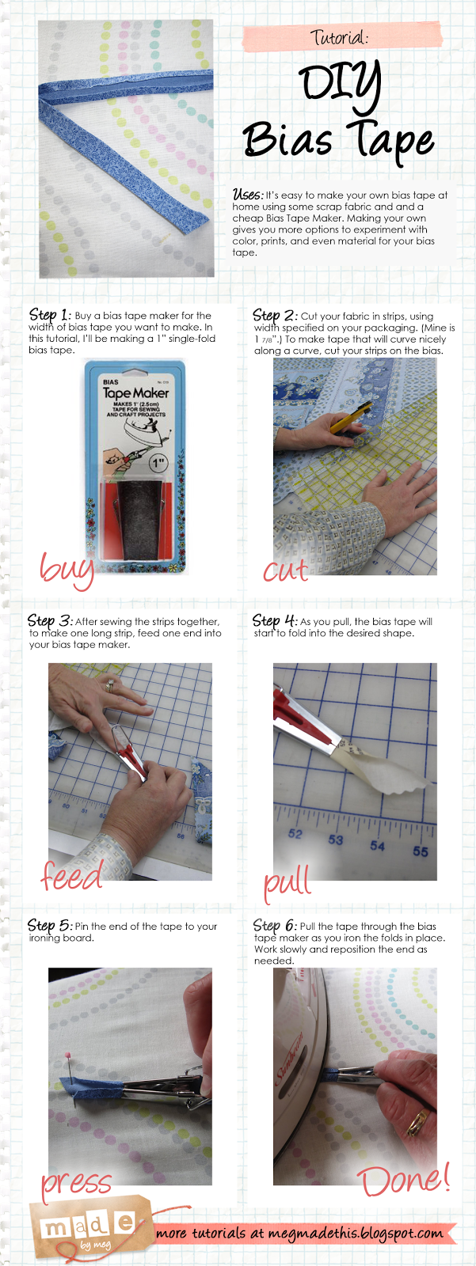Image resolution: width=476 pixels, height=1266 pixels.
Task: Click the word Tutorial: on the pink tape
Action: pos(340,37)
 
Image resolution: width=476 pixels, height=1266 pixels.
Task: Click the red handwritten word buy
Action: pos(67,570)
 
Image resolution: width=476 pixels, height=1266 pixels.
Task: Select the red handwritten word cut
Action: pos(286,570)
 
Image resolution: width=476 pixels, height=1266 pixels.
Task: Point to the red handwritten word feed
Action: pos(72,875)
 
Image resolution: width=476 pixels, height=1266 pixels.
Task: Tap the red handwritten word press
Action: pos(76,1185)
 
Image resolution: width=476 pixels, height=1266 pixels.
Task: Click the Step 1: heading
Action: pos(50,316)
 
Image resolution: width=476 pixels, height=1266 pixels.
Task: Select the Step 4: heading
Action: pos(275,620)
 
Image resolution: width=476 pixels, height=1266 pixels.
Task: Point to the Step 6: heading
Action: pos(275,926)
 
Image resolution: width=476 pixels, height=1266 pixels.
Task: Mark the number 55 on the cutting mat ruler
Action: pos(420,851)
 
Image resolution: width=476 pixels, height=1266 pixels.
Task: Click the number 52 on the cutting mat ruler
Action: pos(295,834)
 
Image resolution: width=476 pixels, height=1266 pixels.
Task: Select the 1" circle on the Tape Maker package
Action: pos(158,464)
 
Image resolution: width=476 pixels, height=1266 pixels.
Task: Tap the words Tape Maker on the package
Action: pos(136,392)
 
